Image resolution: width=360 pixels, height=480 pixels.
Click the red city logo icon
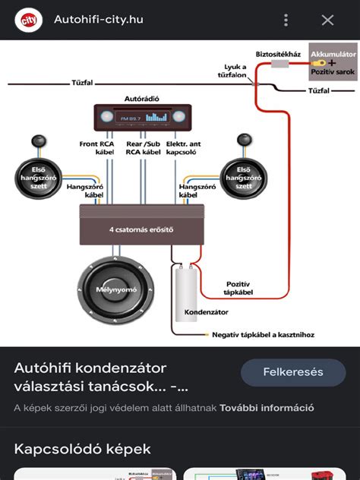coord(29,19)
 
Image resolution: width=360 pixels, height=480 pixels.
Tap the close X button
coord(327,20)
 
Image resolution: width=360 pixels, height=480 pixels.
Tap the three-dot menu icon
coord(286,20)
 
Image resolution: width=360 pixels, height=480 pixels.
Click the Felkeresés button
coord(293,372)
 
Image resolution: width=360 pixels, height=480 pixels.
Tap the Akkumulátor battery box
coord(333,61)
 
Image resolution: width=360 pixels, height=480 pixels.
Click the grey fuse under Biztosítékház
coord(279,65)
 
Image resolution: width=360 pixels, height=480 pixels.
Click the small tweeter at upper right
coord(245,141)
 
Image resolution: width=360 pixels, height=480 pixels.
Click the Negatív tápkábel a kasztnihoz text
coord(263,334)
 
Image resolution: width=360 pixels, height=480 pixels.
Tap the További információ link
coord(267,408)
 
